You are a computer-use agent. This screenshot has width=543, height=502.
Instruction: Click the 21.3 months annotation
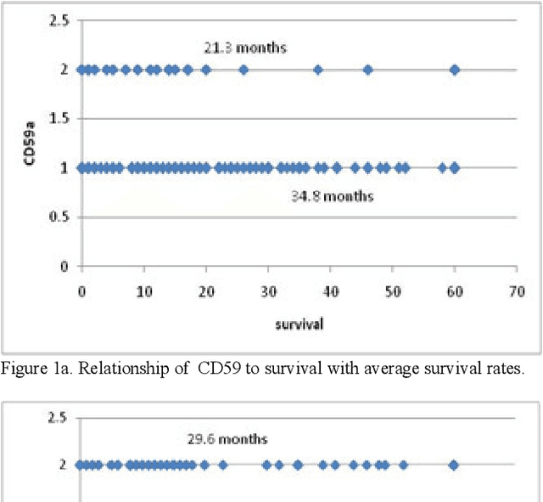pos(244,48)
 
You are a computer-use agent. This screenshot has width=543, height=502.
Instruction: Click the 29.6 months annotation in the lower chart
pos(227,439)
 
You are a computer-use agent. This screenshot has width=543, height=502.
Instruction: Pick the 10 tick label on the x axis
pos(143,292)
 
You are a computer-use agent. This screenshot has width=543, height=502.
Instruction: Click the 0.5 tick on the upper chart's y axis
pos(59,217)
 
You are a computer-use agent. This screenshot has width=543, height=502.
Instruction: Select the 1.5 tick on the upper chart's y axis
pos(59,119)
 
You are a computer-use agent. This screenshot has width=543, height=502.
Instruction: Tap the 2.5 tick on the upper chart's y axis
pos(59,20)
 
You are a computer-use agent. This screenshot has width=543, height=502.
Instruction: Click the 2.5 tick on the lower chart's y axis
pos(59,417)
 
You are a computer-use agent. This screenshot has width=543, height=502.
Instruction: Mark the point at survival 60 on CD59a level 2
pos(455,70)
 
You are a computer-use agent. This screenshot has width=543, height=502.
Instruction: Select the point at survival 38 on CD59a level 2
pos(318,70)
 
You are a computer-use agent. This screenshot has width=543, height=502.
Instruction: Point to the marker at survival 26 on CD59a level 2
pos(244,70)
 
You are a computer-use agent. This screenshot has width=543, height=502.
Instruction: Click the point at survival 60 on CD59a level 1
pos(455,168)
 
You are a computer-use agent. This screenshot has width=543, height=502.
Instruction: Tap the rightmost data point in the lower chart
pos(454,465)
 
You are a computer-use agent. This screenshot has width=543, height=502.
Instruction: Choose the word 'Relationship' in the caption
pos(108,367)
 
